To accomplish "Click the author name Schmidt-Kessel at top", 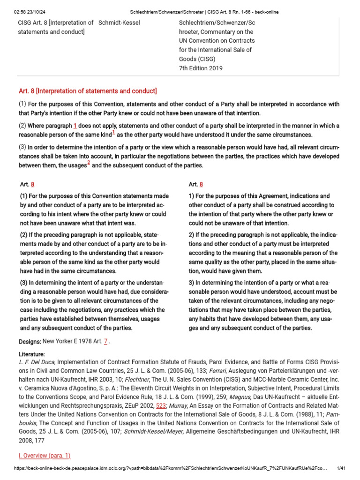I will click(x=120, y=23).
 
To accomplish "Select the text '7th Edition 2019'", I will click(x=201, y=68).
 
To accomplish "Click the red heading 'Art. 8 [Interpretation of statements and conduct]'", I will click(x=88, y=90).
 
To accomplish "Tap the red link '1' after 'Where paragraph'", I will click(x=75, y=126).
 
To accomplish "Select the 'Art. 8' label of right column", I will click(x=196, y=185).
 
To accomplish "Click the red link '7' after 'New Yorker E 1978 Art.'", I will click(x=106, y=342).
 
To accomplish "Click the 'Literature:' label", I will click(x=32, y=354).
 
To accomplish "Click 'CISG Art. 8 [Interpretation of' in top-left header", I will click(x=55, y=23).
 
